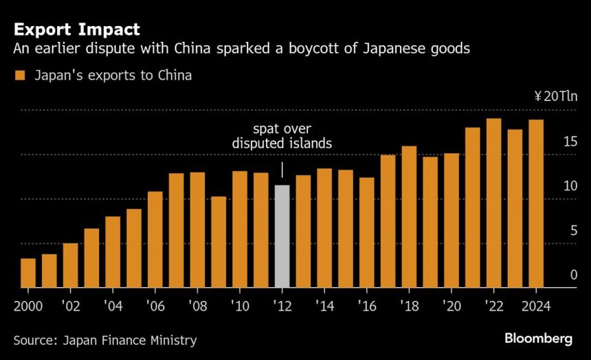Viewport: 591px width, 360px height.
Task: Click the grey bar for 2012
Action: click(282, 236)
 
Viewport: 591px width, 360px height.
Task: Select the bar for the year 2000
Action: click(28, 273)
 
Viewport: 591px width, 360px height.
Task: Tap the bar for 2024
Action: click(536, 203)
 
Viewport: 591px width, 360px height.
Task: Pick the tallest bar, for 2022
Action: click(493, 203)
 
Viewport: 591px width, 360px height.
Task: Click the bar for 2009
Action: click(219, 242)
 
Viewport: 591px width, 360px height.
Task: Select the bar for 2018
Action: click(409, 216)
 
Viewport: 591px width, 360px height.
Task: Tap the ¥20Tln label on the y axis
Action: click(555, 96)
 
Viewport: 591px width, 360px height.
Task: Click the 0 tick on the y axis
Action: click(573, 275)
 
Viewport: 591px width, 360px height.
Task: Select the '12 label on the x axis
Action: click(282, 306)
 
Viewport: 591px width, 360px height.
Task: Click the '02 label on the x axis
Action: click(71, 306)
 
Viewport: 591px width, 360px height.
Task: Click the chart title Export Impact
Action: click(76, 30)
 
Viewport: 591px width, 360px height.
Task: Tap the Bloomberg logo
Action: click(538, 339)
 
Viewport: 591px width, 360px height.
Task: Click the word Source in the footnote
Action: click(34, 340)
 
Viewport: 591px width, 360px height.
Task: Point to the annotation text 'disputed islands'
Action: click(282, 144)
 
